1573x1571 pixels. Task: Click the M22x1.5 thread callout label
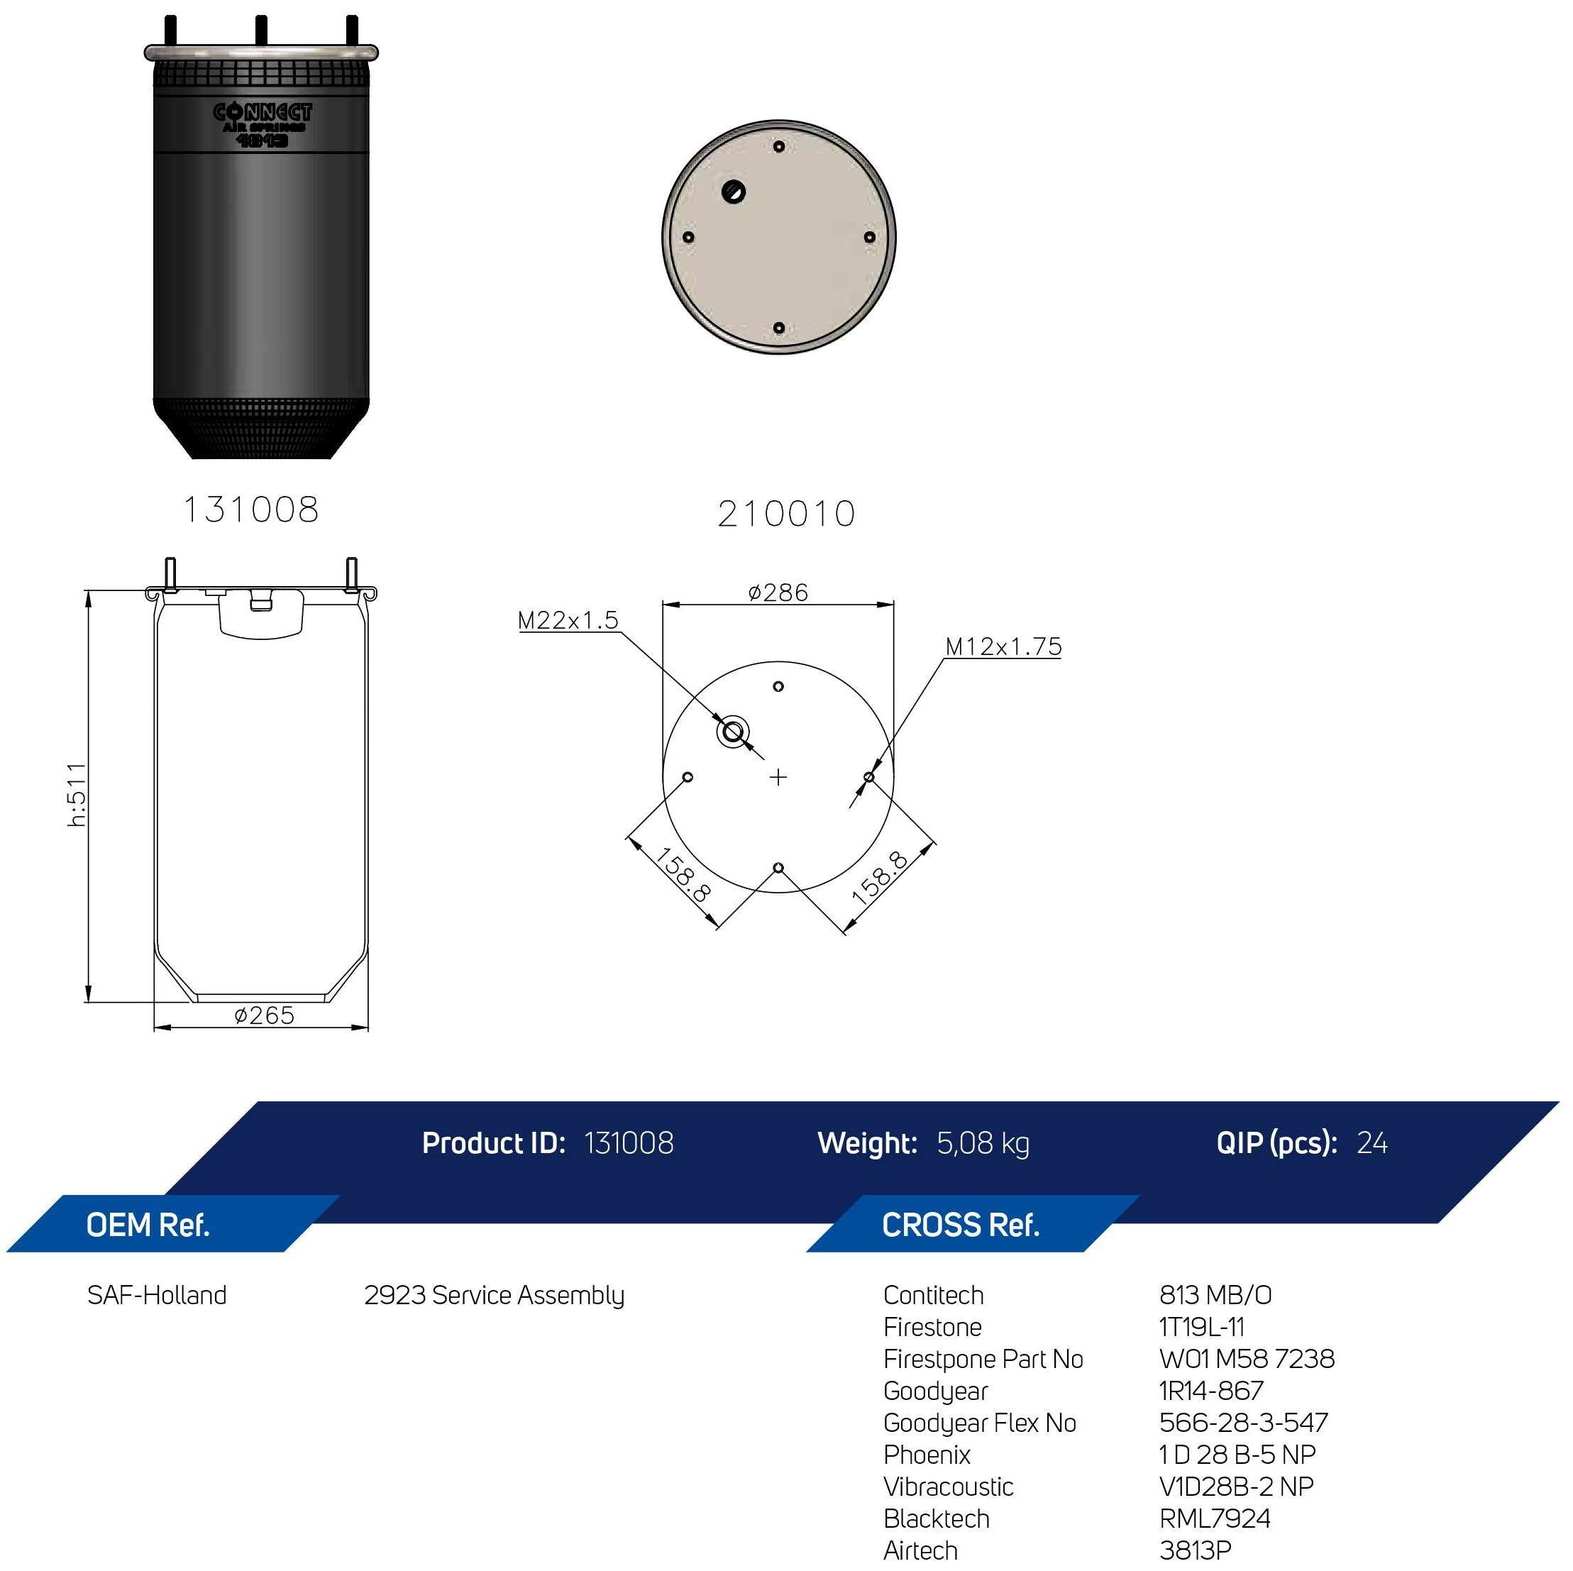[x=568, y=621]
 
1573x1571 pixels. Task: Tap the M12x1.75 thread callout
[x=1003, y=646]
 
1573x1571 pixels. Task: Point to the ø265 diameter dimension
[x=264, y=1015]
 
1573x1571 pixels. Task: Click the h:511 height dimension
[x=77, y=795]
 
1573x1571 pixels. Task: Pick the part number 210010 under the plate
[x=786, y=514]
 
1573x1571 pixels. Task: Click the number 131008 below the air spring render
[x=250, y=509]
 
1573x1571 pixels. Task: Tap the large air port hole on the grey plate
[x=734, y=192]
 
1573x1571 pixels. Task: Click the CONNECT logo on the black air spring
[x=263, y=112]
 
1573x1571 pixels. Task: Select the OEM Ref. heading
[x=148, y=1225]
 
